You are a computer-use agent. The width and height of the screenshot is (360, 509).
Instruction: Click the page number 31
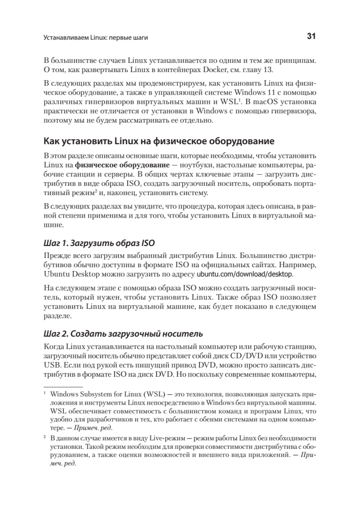click(311, 37)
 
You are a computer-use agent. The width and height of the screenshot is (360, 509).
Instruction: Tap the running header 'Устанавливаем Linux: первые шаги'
click(95, 38)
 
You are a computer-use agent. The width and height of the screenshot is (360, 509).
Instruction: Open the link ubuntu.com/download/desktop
click(245, 274)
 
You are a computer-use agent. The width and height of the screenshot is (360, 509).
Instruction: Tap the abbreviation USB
click(51, 364)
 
